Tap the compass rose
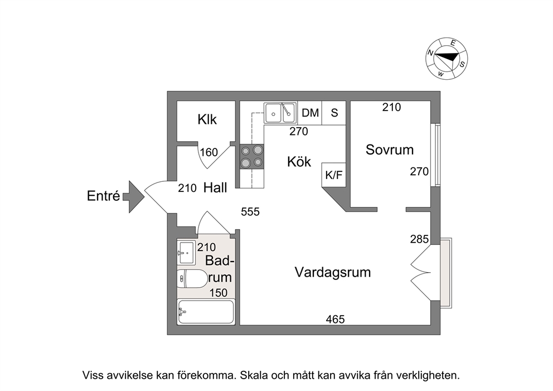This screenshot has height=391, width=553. click(447, 59)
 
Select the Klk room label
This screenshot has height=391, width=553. click(207, 119)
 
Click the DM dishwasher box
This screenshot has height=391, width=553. click(310, 113)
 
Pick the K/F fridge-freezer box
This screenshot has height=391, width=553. click(333, 175)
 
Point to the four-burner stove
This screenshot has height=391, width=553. click(252, 156)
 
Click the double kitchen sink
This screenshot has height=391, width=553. click(280, 113)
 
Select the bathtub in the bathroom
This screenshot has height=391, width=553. click(206, 312)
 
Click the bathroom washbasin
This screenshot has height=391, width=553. click(186, 253)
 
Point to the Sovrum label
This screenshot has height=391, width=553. click(389, 149)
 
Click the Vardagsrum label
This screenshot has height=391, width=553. click(333, 272)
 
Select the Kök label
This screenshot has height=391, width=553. click(299, 162)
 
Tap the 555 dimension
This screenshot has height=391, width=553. click(250, 212)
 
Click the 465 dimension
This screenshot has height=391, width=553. click(335, 320)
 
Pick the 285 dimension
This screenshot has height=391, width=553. click(419, 239)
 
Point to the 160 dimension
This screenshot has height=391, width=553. click(209, 152)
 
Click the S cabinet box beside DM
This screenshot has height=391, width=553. click(334, 113)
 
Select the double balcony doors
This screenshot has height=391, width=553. click(421, 272)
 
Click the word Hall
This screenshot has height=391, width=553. click(215, 188)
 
